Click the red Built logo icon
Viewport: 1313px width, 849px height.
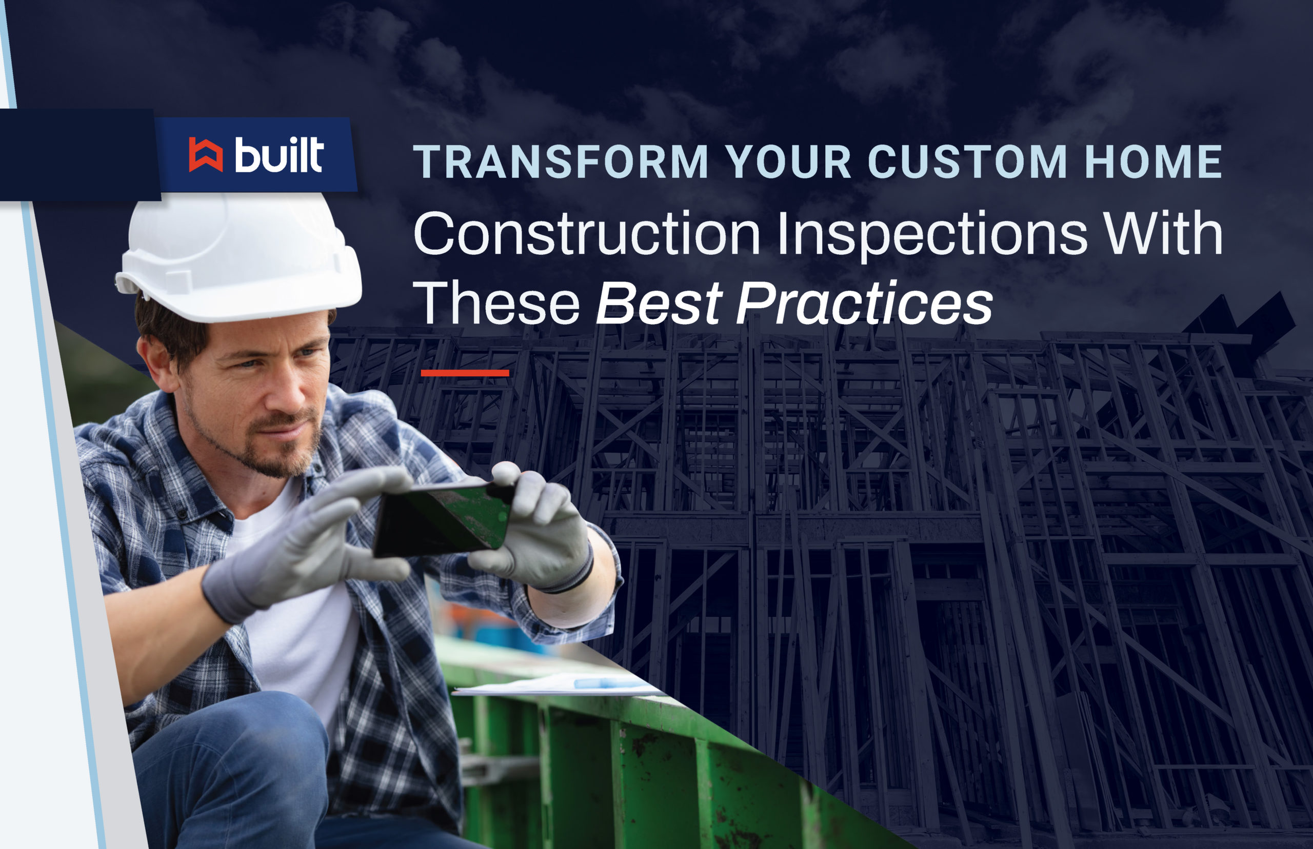(x=206, y=154)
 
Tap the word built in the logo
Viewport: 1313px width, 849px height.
(x=279, y=154)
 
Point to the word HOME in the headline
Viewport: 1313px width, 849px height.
(x=1153, y=161)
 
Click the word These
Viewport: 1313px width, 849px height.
(x=496, y=302)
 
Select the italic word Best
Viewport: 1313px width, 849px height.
(x=659, y=302)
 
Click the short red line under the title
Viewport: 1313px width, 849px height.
(x=464, y=373)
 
